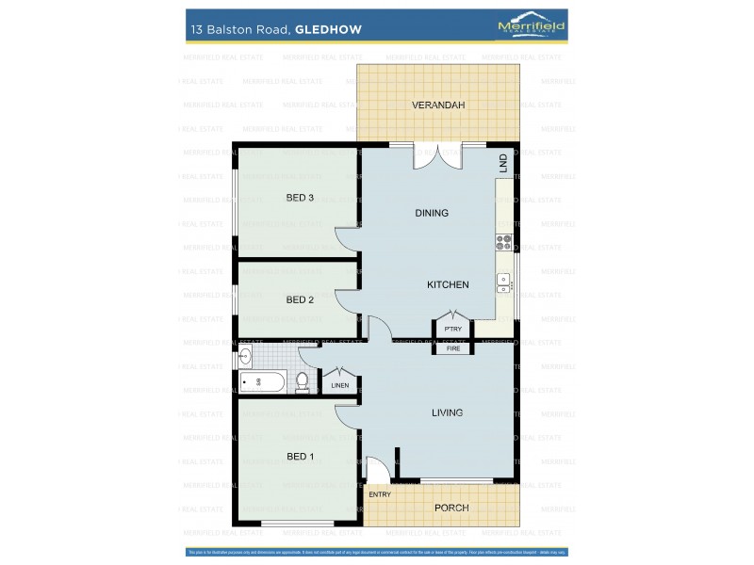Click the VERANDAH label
click(438, 105)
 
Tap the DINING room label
click(432, 213)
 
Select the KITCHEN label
click(448, 284)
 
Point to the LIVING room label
click(447, 412)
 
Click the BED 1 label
click(300, 457)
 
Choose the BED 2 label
click(300, 299)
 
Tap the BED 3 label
click(300, 197)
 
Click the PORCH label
click(451, 508)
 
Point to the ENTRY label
click(380, 494)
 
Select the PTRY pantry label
click(453, 329)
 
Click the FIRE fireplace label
click(453, 348)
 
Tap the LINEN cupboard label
click(340, 384)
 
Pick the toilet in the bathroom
click(303, 381)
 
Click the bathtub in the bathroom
click(262, 381)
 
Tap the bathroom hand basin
click(245, 356)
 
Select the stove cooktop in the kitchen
click(503, 240)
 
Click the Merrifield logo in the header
click(532, 27)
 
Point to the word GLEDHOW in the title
click(328, 29)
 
